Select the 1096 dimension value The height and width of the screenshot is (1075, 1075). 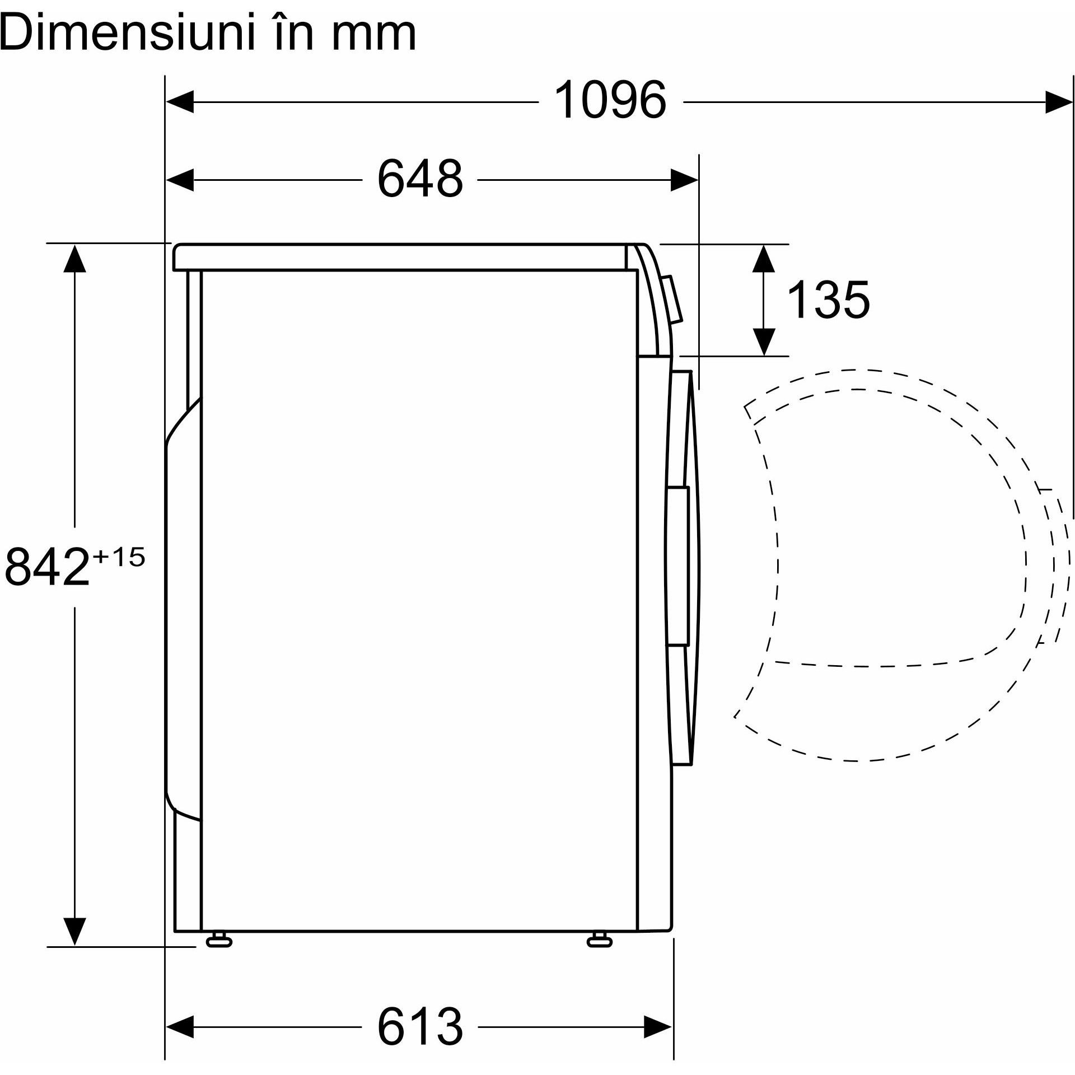tap(610, 100)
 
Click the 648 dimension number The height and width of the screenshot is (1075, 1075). tap(420, 179)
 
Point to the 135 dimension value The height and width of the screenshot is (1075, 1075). tap(829, 300)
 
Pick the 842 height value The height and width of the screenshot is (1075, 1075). tap(47, 566)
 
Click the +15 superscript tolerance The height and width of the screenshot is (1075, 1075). tap(119, 557)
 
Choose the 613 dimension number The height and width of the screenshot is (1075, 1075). tap(420, 1026)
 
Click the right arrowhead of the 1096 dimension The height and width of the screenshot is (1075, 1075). tap(1059, 102)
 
